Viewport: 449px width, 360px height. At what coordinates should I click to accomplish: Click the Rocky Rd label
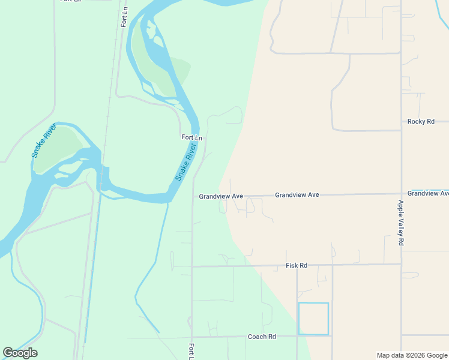(x=420, y=121)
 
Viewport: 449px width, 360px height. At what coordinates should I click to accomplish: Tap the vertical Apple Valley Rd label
(x=401, y=223)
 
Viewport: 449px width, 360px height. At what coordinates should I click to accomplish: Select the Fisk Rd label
(x=296, y=265)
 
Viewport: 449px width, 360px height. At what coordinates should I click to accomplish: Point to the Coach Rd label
(x=262, y=337)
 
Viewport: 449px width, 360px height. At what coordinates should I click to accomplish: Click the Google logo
(x=20, y=353)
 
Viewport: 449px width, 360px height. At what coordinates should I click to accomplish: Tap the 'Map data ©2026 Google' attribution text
(x=412, y=355)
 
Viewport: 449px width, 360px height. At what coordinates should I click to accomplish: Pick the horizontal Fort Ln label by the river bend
(x=191, y=137)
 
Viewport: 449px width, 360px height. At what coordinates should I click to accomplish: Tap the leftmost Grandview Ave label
(x=220, y=196)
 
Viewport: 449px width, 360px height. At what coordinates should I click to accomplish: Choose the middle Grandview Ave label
(x=297, y=195)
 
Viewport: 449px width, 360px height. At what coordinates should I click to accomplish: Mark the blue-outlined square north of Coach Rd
(x=313, y=319)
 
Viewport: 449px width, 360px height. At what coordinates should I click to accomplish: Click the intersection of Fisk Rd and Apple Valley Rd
(x=401, y=264)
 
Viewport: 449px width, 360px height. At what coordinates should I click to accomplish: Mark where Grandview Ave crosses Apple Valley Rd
(x=401, y=194)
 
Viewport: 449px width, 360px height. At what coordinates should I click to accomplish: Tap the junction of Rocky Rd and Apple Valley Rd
(x=401, y=130)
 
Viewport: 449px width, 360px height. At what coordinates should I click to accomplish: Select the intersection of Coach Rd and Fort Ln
(x=191, y=337)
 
